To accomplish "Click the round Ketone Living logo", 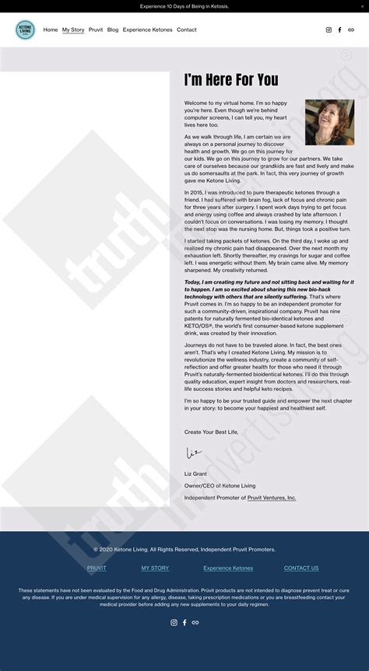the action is tap(25, 30).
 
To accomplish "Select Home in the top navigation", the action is tap(51, 30).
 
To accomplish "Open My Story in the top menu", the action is tap(73, 30).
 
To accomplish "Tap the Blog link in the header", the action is tap(113, 30).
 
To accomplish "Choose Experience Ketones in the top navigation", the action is tap(147, 30).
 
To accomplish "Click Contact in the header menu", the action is tap(187, 30).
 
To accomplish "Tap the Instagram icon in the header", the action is tap(329, 30).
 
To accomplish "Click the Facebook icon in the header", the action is tap(339, 30).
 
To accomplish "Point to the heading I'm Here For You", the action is tap(231, 80).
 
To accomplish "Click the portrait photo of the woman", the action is tap(329, 122).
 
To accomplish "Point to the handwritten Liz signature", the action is tap(194, 453).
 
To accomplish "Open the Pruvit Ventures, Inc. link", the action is tap(272, 498).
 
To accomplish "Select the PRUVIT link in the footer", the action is tap(97, 568).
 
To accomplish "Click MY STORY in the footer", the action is tap(155, 568).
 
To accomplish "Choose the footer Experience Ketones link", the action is tap(228, 568).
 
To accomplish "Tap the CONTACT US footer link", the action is tap(301, 568).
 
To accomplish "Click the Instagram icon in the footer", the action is tap(174, 623).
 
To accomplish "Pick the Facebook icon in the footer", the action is tap(184, 623).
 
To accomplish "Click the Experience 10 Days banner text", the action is tap(184, 5).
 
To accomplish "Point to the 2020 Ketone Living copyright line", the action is tap(184, 550).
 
